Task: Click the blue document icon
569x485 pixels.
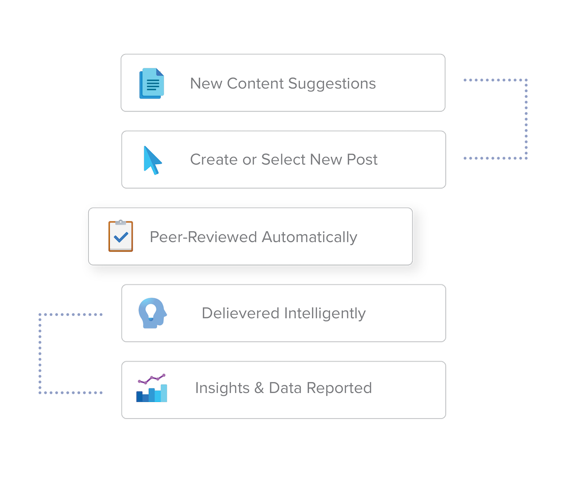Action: [151, 83]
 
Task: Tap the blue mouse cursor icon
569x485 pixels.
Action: [152, 160]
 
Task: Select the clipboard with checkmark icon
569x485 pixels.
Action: [121, 236]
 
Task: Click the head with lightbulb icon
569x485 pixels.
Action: [152, 313]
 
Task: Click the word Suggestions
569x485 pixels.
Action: [332, 84]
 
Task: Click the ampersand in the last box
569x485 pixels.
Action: [259, 388]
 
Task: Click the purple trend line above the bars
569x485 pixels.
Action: [152, 379]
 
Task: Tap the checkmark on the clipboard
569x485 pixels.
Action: [121, 239]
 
